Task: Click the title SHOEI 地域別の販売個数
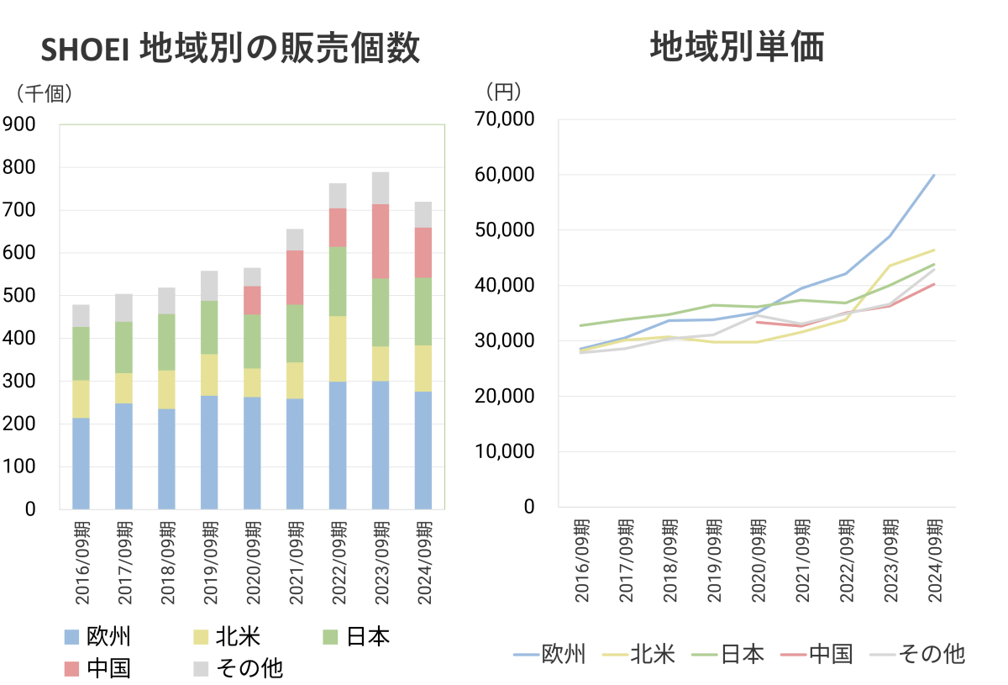pos(230,50)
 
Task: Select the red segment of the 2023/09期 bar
pos(381,241)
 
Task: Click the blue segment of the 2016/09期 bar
pos(81,463)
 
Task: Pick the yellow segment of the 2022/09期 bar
pos(338,349)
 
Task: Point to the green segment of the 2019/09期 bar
pos(209,327)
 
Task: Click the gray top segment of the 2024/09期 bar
pos(423,214)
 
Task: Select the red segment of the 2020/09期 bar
pos(252,300)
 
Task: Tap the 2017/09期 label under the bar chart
pos(124,562)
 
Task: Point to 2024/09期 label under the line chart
pos(933,560)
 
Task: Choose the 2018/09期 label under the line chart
pos(669,560)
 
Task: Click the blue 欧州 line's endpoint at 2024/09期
pos(934,175)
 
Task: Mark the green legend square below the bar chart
pos(330,637)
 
